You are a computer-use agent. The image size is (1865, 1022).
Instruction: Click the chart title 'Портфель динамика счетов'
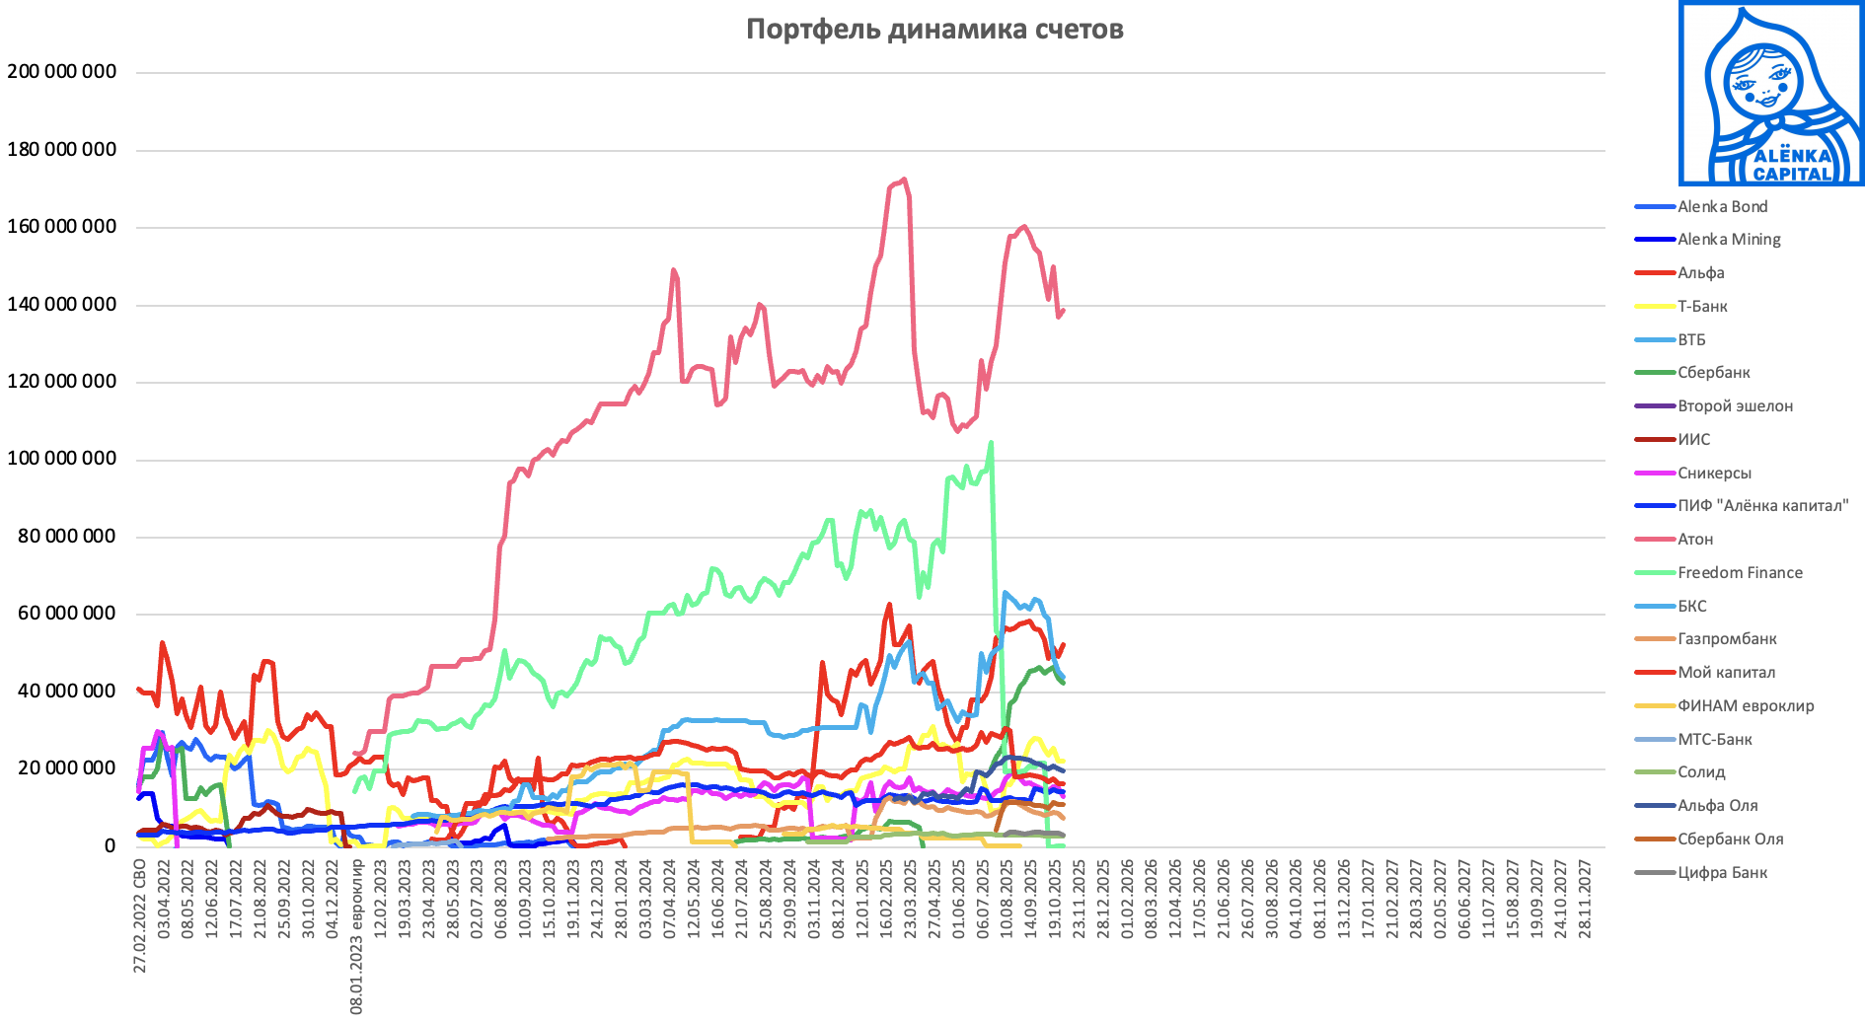[x=933, y=30]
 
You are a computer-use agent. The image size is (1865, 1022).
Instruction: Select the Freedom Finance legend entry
[x=1740, y=573]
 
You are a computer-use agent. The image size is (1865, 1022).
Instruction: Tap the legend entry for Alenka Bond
[x=1722, y=207]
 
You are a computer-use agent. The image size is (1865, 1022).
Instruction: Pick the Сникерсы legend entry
[x=1714, y=474]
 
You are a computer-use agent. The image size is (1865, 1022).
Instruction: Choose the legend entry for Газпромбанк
[x=1727, y=639]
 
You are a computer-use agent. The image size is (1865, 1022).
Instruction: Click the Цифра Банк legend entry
[x=1722, y=873]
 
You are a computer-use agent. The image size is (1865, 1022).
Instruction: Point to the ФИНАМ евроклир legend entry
[x=1746, y=706]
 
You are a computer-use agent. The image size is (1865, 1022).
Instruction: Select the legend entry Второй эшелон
[x=1735, y=406]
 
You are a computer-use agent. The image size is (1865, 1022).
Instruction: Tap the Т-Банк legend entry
[x=1702, y=307]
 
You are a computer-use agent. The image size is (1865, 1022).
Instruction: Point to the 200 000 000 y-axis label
[x=61, y=72]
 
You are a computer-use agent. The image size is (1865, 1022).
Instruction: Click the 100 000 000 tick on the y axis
[x=61, y=459]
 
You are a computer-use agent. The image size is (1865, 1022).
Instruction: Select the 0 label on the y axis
[x=110, y=846]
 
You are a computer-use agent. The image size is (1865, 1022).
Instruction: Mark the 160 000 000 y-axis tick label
[x=61, y=227]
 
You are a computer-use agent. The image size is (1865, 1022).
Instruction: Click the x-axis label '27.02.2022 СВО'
[x=140, y=915]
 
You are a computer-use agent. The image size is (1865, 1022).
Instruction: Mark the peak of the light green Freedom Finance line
[x=991, y=443]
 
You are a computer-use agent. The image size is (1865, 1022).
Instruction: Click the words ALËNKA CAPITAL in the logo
[x=1792, y=165]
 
